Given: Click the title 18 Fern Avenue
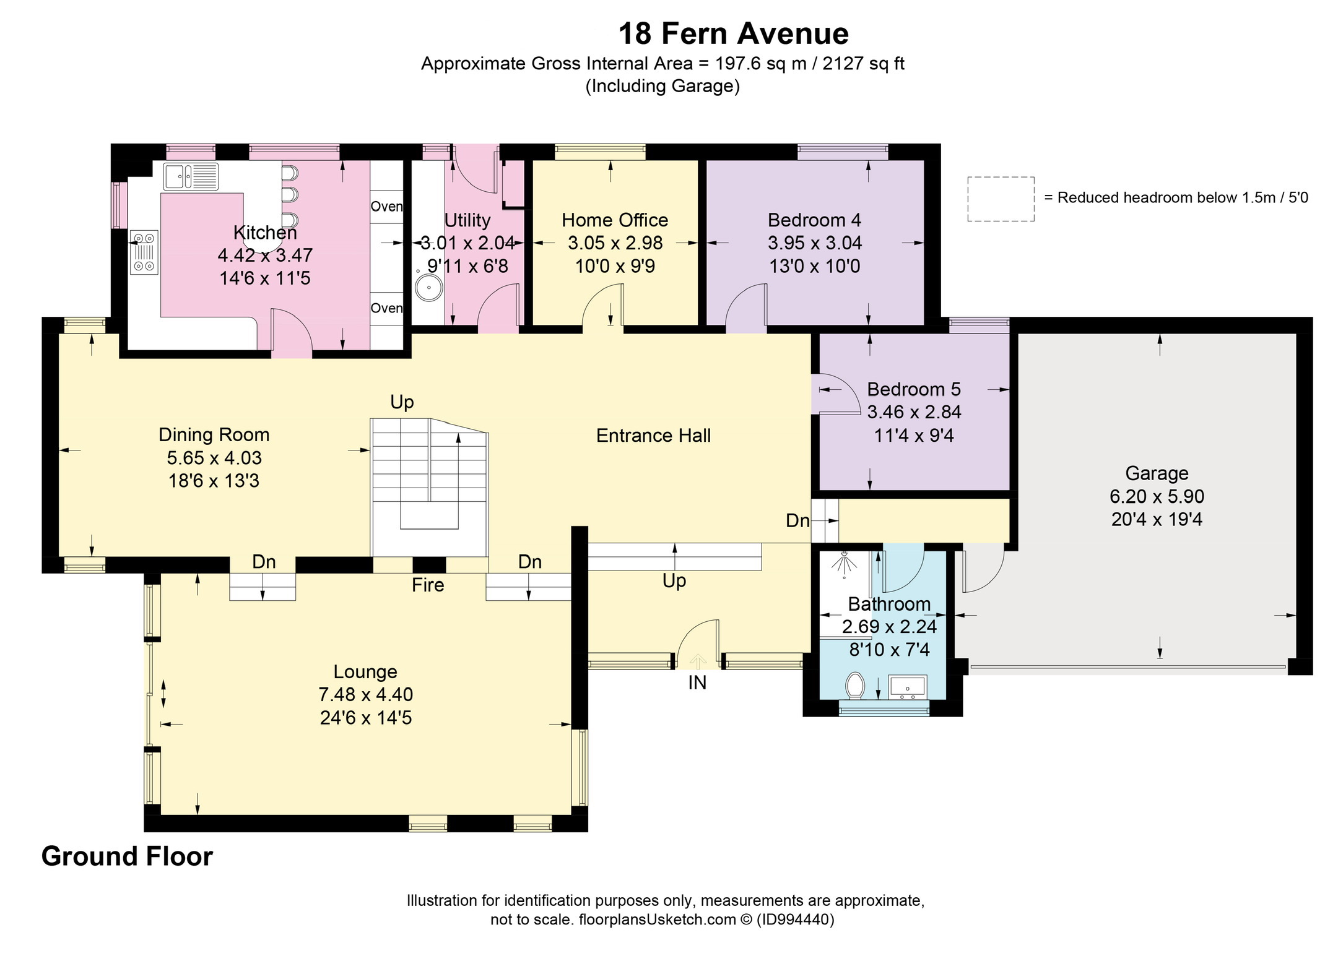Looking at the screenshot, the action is tap(734, 33).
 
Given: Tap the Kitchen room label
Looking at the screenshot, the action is tap(265, 233).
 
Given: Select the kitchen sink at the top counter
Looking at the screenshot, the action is tap(191, 176).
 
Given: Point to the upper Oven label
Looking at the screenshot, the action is tap(386, 206).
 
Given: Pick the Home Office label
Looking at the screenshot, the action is tap(615, 220).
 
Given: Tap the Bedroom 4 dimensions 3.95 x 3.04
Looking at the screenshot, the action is tap(815, 243).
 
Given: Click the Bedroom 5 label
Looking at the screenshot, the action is tap(914, 389).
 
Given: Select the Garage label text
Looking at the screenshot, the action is tap(1157, 473).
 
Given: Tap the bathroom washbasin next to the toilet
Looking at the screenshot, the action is tap(908, 687).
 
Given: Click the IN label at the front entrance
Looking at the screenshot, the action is tap(697, 683).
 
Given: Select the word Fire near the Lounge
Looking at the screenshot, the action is tap(428, 585).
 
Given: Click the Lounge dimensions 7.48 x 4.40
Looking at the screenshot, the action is tap(366, 695).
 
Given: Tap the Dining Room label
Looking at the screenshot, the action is tap(214, 435).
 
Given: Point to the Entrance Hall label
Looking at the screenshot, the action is tap(653, 436).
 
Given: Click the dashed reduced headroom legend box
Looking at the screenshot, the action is tap(1001, 199).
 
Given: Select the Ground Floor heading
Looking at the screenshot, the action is tap(127, 856).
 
